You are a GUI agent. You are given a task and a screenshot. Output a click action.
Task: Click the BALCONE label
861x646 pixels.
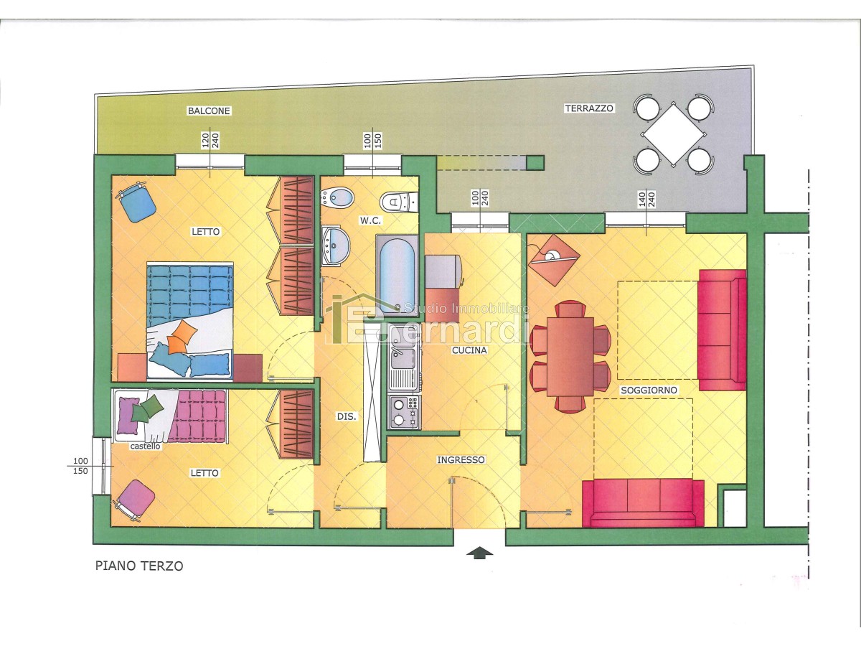click(209, 111)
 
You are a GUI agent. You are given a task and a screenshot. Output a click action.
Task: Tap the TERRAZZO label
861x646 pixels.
click(589, 108)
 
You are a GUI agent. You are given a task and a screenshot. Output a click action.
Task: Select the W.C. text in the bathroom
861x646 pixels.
click(370, 221)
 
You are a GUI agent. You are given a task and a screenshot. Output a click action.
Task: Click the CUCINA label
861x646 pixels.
click(469, 350)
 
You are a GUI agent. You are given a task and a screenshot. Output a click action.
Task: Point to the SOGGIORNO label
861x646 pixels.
click(649, 390)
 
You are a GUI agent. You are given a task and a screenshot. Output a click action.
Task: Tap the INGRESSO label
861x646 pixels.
click(461, 459)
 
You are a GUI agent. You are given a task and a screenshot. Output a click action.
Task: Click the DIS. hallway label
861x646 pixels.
click(347, 416)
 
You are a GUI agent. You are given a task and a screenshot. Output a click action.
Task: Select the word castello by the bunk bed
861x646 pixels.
click(145, 446)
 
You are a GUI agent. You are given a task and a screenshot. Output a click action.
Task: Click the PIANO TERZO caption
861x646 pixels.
click(139, 566)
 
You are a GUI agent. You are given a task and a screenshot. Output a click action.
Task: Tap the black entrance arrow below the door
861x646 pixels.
click(480, 553)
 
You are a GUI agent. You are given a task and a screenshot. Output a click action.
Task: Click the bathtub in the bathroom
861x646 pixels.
click(397, 274)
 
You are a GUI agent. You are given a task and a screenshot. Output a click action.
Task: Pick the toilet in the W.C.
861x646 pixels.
click(398, 202)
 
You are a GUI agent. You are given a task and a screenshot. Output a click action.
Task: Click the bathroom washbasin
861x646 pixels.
click(335, 246)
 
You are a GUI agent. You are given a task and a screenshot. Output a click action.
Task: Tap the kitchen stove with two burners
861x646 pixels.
click(404, 412)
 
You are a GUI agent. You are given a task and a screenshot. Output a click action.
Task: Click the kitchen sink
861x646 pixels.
click(404, 366)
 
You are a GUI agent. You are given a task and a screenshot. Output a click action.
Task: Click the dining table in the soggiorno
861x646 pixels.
click(570, 356)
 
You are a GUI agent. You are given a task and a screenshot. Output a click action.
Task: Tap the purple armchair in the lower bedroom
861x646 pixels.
click(133, 500)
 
